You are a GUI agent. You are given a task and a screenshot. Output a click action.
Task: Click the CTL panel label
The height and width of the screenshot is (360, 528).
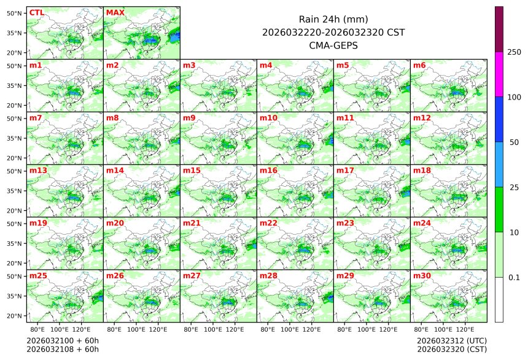click(x=36, y=12)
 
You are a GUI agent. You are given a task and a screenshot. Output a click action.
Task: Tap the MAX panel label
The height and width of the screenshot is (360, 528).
click(x=115, y=12)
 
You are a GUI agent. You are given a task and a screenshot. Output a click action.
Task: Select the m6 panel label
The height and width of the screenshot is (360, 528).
click(x=419, y=65)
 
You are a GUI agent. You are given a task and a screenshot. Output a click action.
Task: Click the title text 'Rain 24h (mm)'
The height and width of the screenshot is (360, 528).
click(x=333, y=19)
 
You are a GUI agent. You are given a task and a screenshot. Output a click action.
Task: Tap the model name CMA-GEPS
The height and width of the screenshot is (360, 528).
click(x=333, y=45)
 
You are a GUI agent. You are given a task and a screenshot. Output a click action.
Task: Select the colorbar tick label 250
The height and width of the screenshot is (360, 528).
click(x=514, y=52)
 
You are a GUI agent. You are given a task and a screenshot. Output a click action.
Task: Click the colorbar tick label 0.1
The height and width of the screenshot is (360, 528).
click(x=514, y=278)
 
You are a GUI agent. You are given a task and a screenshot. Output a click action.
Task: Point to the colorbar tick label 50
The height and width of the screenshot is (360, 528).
click(x=514, y=143)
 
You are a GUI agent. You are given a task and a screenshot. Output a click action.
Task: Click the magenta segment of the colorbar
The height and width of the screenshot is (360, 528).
click(x=499, y=74)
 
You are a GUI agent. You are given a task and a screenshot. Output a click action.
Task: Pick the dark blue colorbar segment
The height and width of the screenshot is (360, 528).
click(x=499, y=119)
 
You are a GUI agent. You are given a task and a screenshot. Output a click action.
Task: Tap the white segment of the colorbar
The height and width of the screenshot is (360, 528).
click(x=499, y=300)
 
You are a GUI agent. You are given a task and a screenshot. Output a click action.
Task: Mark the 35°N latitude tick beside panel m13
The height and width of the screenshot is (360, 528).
click(x=15, y=190)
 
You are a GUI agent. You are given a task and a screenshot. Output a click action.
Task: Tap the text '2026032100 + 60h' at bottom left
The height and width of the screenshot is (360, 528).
click(x=63, y=340)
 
